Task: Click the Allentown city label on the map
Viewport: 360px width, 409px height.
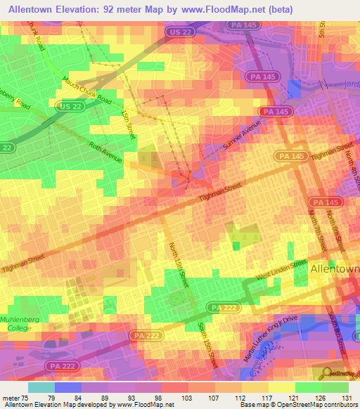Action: [x=334, y=268]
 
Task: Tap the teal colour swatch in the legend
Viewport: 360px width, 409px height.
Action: [x=41, y=387]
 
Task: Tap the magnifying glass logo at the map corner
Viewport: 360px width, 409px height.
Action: [x=326, y=373]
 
